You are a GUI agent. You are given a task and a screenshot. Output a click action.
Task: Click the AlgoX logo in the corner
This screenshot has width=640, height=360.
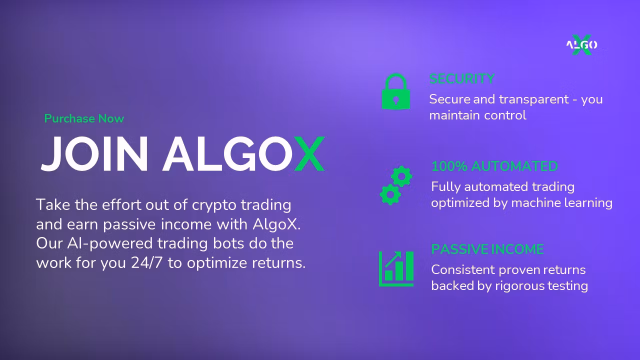pyautogui.click(x=581, y=45)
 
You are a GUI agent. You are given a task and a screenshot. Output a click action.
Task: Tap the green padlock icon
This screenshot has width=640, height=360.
pyautogui.click(x=396, y=91)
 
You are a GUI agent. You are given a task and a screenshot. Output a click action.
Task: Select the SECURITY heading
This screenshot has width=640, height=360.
pyautogui.click(x=461, y=79)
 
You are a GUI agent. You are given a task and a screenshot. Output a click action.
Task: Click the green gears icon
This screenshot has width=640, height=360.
pyautogui.click(x=396, y=185)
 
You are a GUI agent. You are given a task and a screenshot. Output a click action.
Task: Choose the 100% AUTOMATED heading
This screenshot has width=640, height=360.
pyautogui.click(x=494, y=166)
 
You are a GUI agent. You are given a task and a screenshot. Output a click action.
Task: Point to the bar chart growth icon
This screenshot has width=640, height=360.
pyautogui.click(x=396, y=269)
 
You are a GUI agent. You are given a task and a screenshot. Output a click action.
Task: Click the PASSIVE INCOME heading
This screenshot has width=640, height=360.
pyautogui.click(x=487, y=249)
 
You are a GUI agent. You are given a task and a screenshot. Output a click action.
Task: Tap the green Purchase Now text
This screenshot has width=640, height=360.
pyautogui.click(x=84, y=118)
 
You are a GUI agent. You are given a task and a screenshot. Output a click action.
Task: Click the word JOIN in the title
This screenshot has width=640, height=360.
pyautogui.click(x=94, y=153)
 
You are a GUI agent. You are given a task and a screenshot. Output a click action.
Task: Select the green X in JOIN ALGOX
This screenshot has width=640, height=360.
pyautogui.click(x=309, y=153)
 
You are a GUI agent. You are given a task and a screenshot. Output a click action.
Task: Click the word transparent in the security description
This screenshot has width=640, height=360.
pyautogui.click(x=533, y=99)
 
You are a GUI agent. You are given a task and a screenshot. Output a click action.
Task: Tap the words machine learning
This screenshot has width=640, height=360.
pyautogui.click(x=561, y=203)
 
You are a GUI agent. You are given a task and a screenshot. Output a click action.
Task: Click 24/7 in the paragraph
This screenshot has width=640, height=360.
pyautogui.click(x=146, y=263)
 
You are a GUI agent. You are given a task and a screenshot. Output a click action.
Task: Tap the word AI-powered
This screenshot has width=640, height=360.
pyautogui.click(x=110, y=243)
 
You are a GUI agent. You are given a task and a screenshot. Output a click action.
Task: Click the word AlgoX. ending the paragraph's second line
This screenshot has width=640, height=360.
pyautogui.click(x=277, y=224)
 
